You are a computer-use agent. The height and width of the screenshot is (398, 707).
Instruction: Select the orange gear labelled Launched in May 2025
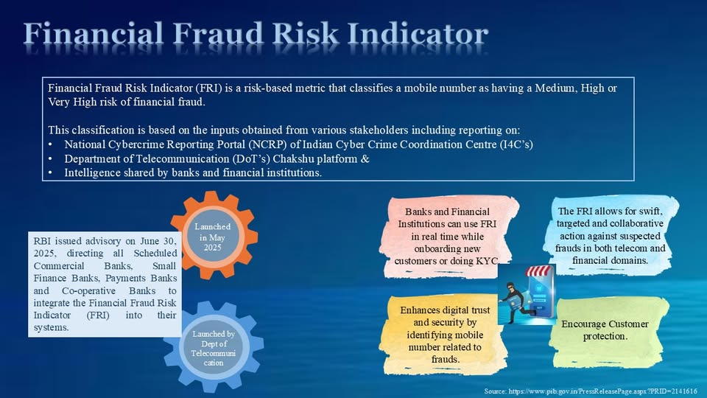[214, 237]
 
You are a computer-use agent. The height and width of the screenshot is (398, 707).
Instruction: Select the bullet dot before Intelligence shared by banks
[50, 174]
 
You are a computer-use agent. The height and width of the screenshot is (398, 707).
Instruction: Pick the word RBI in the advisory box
[41, 240]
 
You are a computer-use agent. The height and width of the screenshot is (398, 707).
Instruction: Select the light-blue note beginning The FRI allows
[611, 235]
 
